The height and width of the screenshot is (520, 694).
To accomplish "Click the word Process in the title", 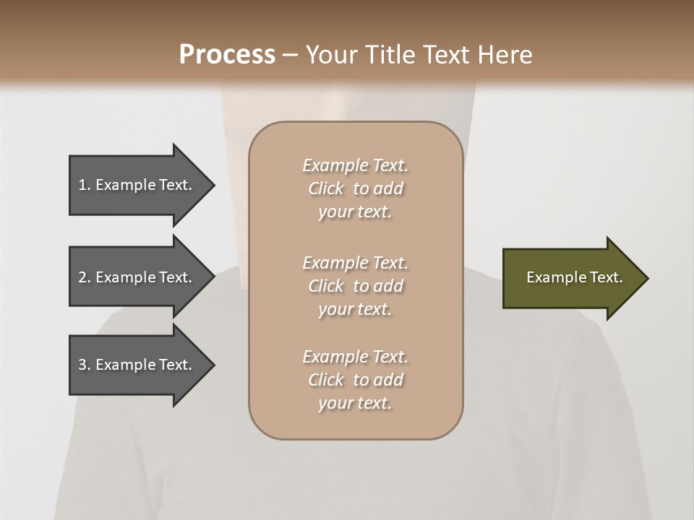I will pos(227,55).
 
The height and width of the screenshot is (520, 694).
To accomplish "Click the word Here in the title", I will pos(505,55).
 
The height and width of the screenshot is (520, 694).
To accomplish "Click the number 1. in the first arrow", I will pos(84,185).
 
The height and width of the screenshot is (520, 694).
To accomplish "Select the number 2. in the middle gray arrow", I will pos(84,277).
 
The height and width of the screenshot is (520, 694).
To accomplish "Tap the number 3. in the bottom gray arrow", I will pos(84,365).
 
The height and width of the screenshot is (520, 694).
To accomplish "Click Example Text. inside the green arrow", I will pos(575,277).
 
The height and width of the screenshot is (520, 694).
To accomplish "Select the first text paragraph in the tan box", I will pos(355,188).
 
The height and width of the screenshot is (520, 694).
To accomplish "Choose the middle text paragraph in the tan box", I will pos(355,285).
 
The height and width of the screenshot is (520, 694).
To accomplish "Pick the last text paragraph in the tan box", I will pos(355,380).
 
